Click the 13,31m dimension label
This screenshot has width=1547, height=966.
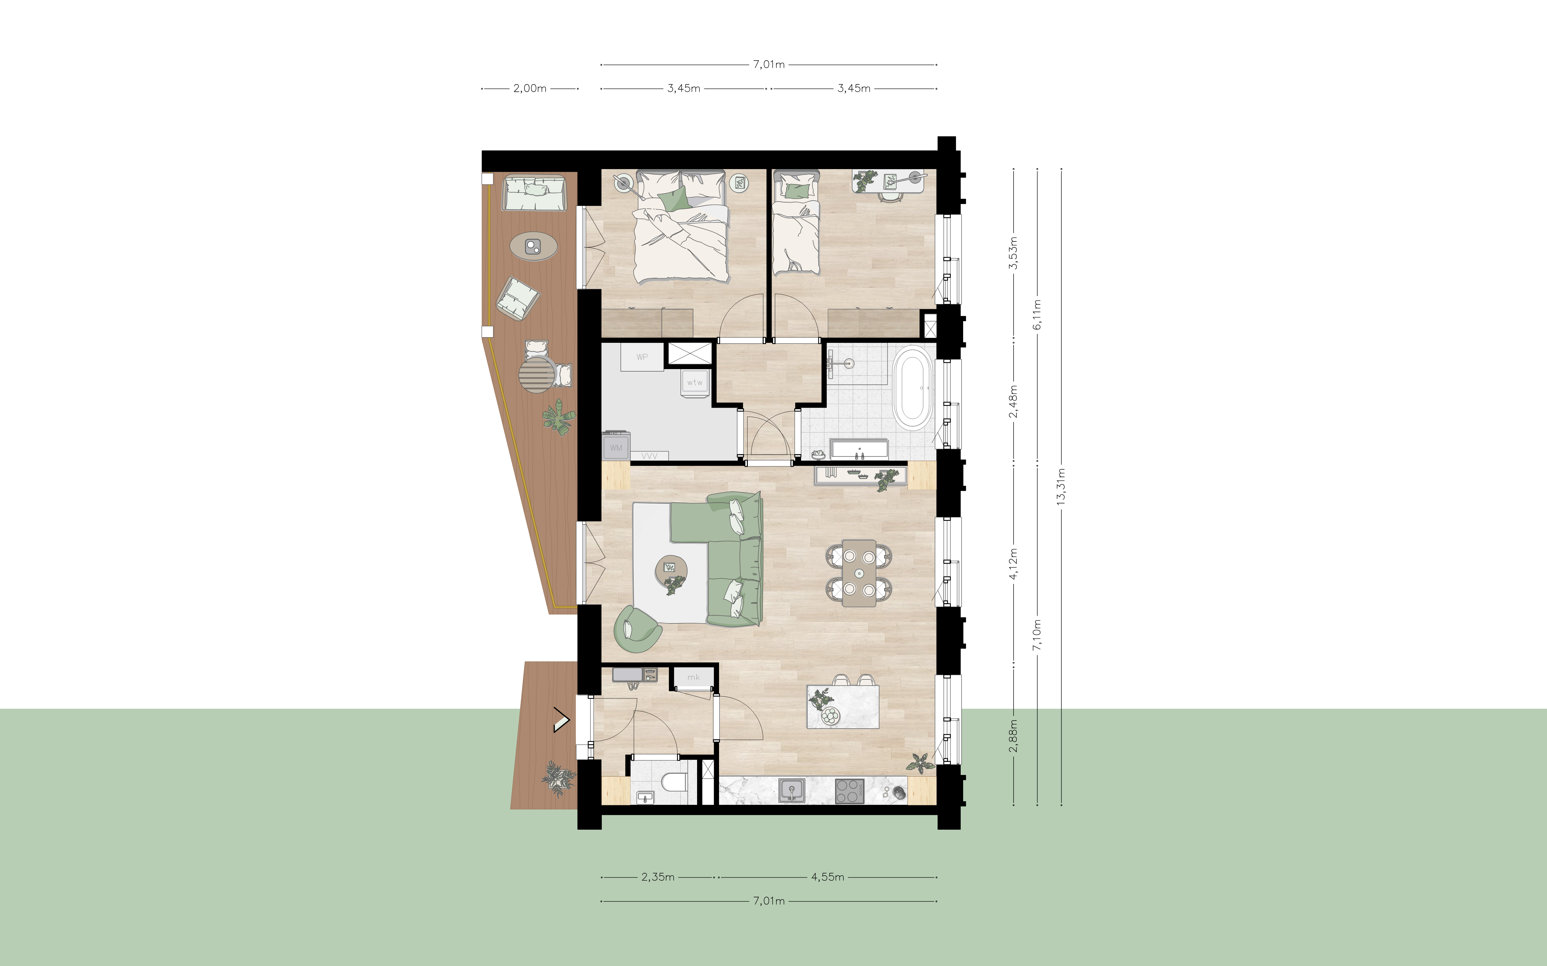coord(1061,487)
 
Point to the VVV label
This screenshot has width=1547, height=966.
coord(649,456)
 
